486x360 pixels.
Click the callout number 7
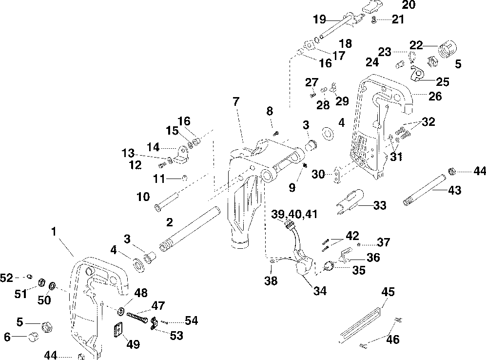click(236, 101)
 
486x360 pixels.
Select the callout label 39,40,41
click(294, 214)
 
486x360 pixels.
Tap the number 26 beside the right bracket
click(435, 97)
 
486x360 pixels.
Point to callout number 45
click(388, 292)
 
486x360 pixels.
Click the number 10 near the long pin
click(143, 197)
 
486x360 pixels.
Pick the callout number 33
click(380, 205)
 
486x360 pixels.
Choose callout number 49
click(133, 344)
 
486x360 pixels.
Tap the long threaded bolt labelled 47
click(137, 318)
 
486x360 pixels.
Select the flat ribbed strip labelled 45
click(360, 324)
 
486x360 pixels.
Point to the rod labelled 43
click(424, 190)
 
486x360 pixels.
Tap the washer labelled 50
click(52, 285)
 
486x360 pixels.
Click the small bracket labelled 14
click(181, 155)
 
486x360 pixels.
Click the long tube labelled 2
click(190, 229)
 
